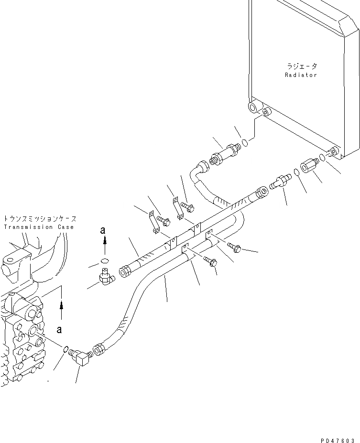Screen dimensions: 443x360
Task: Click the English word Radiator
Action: [301, 75]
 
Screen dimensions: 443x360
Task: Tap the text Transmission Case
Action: [39, 227]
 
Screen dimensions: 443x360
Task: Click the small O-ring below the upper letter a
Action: [105, 261]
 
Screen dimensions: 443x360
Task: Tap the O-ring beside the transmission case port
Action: [65, 350]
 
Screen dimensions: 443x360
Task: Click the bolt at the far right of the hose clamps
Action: [235, 247]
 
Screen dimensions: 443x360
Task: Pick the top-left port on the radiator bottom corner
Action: [252, 107]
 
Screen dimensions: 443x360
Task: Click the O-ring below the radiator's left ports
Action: [244, 142]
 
